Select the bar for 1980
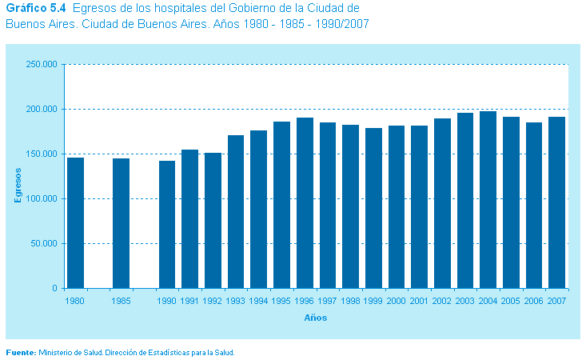click(x=75, y=222)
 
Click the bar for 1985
click(x=121, y=223)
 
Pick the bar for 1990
click(x=167, y=224)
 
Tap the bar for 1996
click(x=305, y=203)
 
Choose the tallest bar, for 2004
click(x=488, y=200)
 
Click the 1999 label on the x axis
click(x=373, y=302)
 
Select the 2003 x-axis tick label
click(x=465, y=302)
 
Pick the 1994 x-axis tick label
click(x=258, y=302)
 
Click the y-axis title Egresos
click(x=18, y=183)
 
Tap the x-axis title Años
click(x=315, y=318)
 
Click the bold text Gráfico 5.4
click(x=35, y=8)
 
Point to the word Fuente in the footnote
click(x=20, y=352)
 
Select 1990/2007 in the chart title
click(x=340, y=23)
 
